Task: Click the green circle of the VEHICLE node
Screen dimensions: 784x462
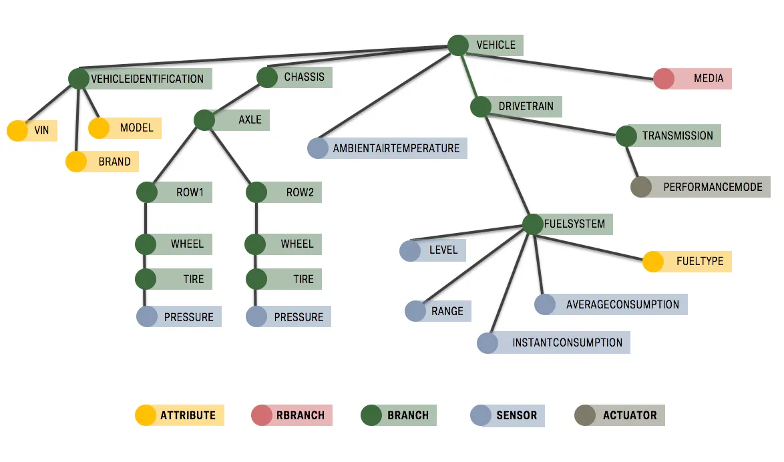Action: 458,45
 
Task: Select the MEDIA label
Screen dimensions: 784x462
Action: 709,79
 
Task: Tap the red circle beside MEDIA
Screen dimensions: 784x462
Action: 664,79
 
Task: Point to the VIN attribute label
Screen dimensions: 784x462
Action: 41,130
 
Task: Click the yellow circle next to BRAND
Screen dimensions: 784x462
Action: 76,162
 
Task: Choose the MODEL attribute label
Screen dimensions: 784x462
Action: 136,128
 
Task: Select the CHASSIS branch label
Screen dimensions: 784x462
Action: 304,77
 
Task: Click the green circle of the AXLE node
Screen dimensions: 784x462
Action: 204,120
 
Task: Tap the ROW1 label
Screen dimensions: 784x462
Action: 190,192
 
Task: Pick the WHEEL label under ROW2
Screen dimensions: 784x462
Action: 297,244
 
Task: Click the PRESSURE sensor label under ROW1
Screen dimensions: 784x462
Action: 188,317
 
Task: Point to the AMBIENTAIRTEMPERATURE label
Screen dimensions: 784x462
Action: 396,148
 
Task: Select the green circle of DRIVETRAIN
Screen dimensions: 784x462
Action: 481,107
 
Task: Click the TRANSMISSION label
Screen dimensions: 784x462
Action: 678,136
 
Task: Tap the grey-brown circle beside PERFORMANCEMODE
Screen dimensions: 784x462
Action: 641,187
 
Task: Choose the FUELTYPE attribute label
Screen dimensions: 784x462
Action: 700,262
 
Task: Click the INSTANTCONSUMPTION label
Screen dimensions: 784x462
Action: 567,342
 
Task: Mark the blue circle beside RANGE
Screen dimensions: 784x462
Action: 415,311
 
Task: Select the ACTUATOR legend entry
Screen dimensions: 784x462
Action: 620,415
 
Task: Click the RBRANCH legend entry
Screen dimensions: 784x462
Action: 292,415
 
